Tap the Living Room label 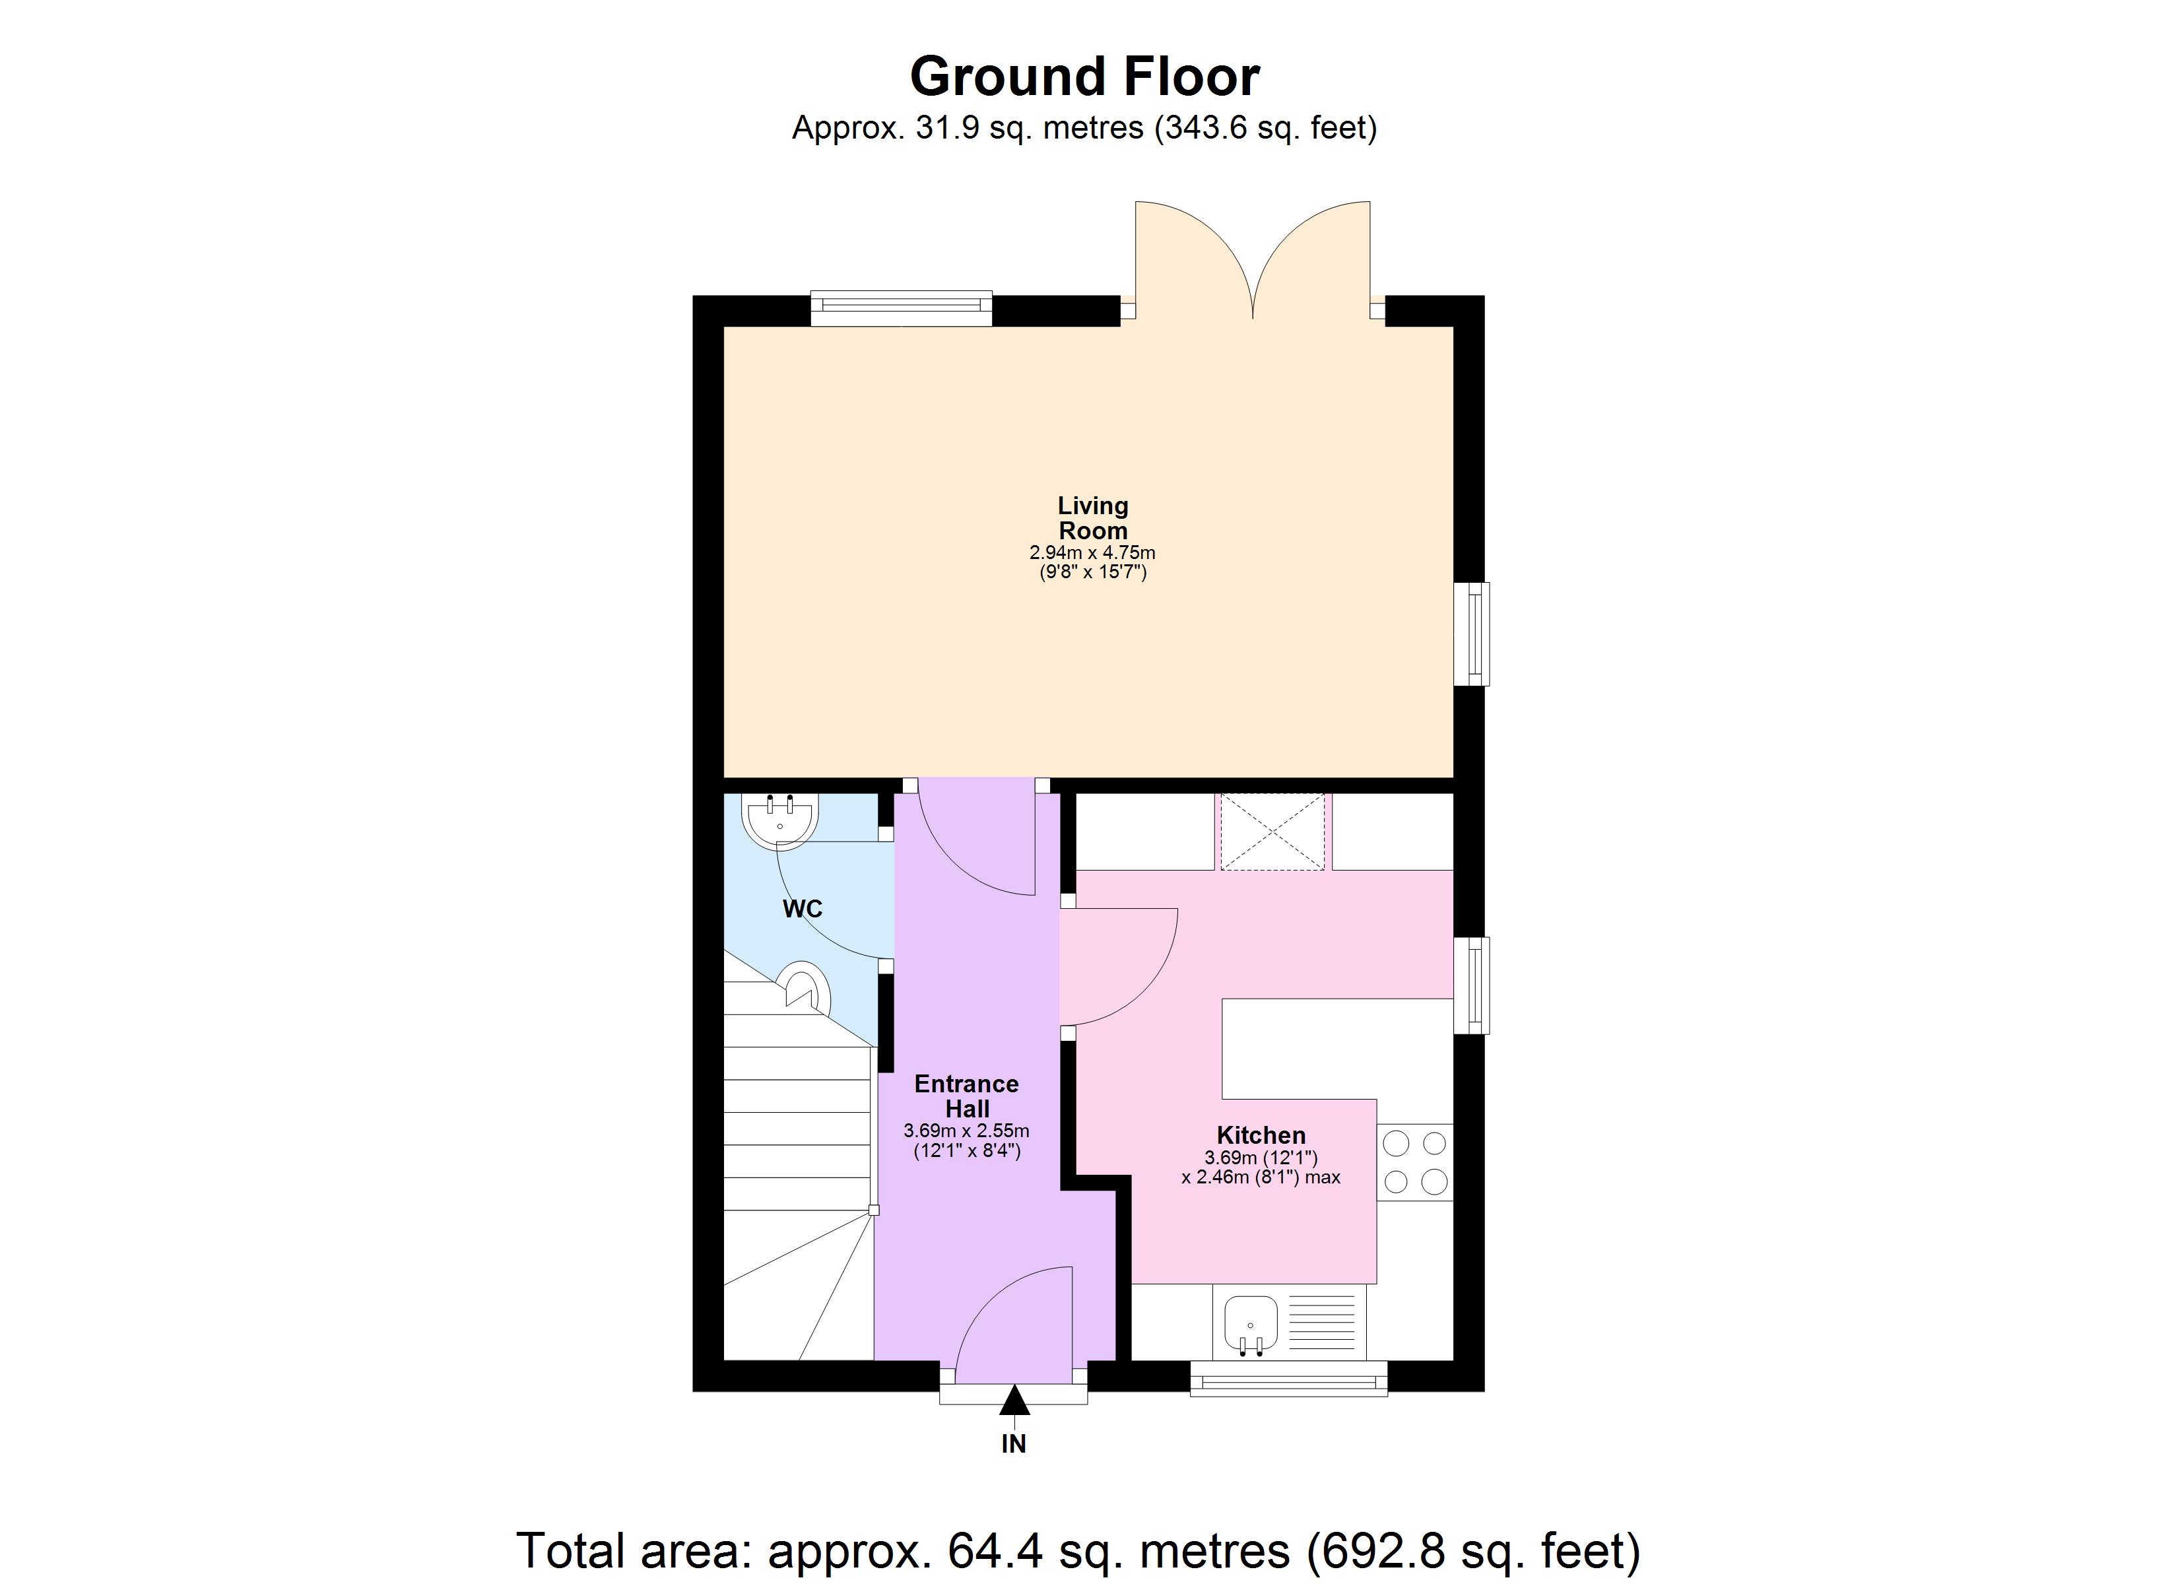(1093, 517)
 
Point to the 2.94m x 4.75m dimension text (1093, 553)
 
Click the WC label (803, 909)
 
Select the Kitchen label (1261, 1135)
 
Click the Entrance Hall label (966, 1096)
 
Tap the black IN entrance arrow (1014, 1401)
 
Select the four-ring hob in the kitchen (1414, 1162)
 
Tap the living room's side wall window (1471, 634)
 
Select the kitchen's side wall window (1471, 985)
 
